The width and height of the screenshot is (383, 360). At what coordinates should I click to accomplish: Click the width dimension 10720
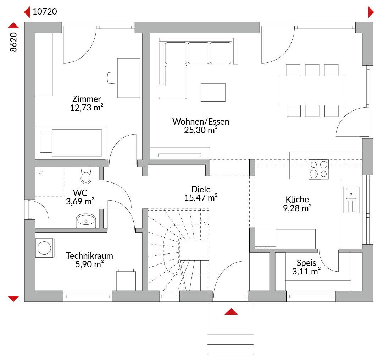coord(45,11)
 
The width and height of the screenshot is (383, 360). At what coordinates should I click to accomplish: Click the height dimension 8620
coord(13,42)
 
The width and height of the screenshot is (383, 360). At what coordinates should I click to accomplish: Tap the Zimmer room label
coord(87,99)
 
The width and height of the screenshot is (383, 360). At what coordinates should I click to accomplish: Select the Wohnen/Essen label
coord(201,121)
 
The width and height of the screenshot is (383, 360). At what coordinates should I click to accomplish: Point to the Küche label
coord(297,199)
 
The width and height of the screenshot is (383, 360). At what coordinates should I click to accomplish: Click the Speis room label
coord(306,263)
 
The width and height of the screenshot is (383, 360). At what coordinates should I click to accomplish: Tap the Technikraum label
coord(89,256)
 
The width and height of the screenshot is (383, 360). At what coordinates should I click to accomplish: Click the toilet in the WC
coord(86,175)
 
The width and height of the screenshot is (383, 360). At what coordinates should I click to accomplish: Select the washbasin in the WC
coord(86,220)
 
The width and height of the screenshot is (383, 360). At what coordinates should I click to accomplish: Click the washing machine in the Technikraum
coord(45,248)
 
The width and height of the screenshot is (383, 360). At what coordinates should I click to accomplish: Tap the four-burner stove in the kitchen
coord(318,169)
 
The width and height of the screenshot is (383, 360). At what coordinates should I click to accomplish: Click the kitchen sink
coord(351,200)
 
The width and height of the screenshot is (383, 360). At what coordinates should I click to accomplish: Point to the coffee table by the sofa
coord(213,92)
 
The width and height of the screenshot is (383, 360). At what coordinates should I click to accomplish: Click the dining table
coord(313,91)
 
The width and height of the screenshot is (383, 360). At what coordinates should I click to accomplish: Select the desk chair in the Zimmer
coord(112,78)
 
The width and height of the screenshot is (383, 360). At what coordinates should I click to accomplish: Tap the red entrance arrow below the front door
coord(231,311)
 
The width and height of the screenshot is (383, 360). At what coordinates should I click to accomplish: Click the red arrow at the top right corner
coord(371,12)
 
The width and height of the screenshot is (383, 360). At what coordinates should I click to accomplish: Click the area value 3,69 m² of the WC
coord(80,201)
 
